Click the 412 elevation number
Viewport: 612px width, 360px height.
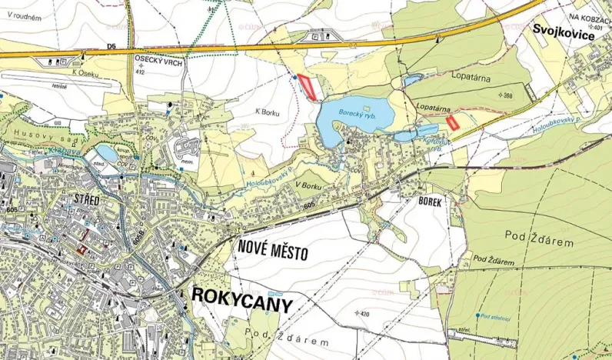(x=140, y=72)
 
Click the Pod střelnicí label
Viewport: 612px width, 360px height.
(x=496, y=315)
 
